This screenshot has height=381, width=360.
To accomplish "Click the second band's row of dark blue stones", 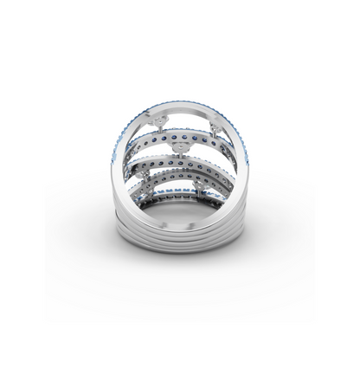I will tap(182, 136).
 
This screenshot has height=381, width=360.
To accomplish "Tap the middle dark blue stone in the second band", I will tap(182, 137).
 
